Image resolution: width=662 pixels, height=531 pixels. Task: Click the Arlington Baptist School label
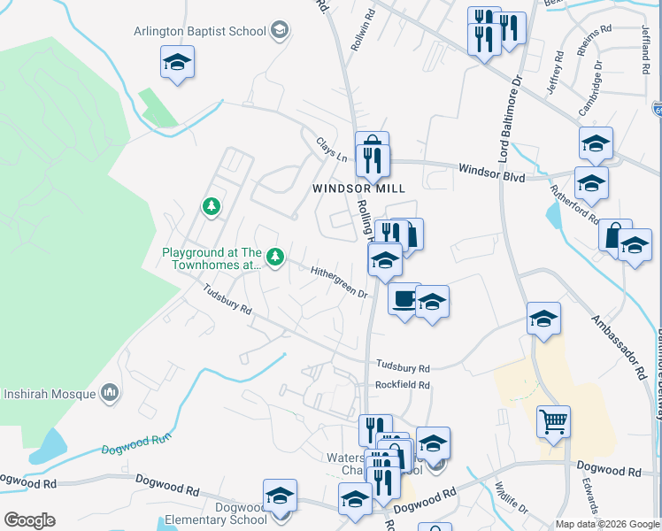[199, 32]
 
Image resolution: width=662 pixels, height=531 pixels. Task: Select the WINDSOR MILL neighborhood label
[358, 189]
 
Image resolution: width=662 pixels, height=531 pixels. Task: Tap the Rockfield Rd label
[402, 385]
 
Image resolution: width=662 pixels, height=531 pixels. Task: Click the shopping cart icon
[553, 422]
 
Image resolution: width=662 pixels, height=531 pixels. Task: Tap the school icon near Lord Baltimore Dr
[543, 318]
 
